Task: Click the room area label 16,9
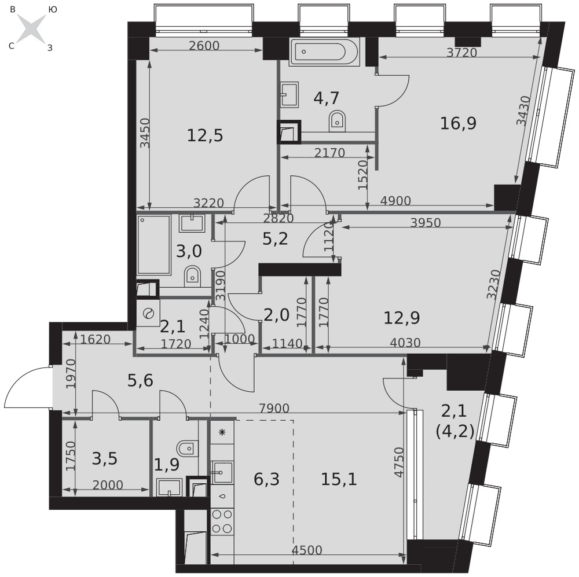(x=458, y=123)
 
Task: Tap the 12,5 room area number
(x=205, y=135)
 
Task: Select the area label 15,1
(x=339, y=479)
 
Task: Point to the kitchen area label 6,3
(x=266, y=479)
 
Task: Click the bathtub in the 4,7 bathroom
(x=324, y=52)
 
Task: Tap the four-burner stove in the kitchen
(x=222, y=521)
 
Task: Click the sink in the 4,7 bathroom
(x=289, y=94)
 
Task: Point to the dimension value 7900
(x=274, y=408)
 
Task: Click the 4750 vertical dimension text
(x=399, y=462)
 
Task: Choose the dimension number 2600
(x=204, y=45)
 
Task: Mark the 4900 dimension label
(x=395, y=201)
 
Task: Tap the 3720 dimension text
(x=461, y=53)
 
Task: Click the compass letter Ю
(x=53, y=10)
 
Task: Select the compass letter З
(x=50, y=48)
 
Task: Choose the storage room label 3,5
(x=104, y=458)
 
